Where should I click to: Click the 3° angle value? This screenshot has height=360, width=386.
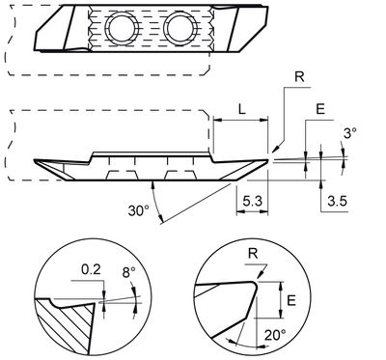pyautogui.click(x=349, y=132)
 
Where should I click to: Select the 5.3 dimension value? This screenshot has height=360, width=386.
pyautogui.click(x=251, y=203)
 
